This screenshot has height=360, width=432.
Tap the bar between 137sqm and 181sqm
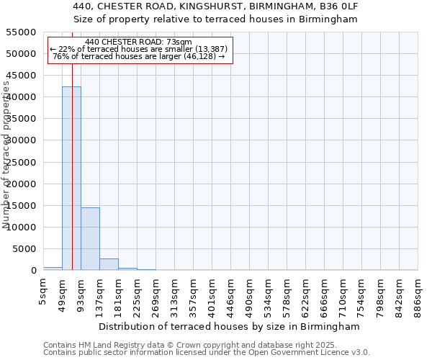(x=109, y=264)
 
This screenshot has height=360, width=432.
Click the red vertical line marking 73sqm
(x=73, y=144)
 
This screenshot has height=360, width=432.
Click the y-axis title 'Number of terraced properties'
(x=7, y=155)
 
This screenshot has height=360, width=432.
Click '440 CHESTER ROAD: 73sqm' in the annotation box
(x=138, y=42)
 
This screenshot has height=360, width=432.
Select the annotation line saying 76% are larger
(x=139, y=56)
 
